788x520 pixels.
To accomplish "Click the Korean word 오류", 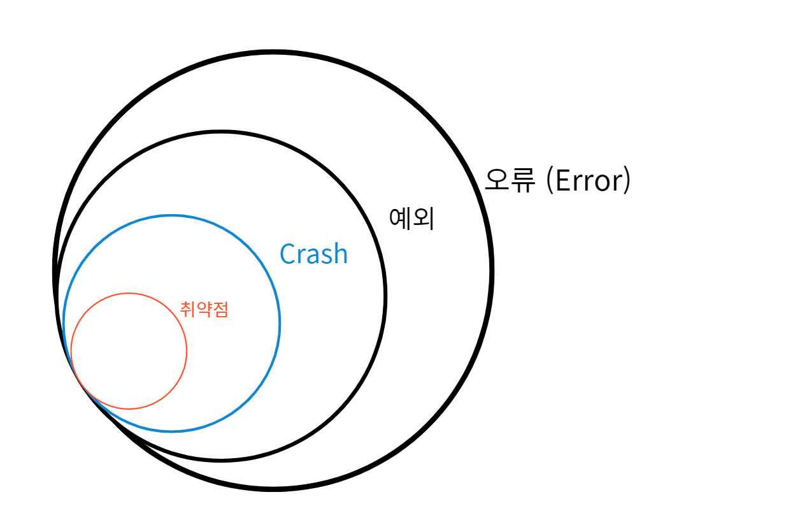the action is [x=510, y=180].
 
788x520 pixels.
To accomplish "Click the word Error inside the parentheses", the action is [x=584, y=181].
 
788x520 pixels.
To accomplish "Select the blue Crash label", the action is [x=314, y=254].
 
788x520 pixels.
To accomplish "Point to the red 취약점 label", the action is [x=204, y=310].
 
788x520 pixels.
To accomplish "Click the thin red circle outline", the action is [x=187, y=350].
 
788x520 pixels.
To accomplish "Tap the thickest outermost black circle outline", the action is [x=491, y=270].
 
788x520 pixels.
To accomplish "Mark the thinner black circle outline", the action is [x=385, y=296].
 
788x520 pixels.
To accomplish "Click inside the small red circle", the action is [x=129, y=350].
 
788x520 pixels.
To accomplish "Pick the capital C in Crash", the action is [x=288, y=254].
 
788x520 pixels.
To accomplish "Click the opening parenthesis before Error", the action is [x=548, y=181].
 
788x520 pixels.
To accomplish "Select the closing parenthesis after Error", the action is [x=627, y=181].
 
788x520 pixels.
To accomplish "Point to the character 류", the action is [x=524, y=180].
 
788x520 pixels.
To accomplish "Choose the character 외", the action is [x=423, y=218].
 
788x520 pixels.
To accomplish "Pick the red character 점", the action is [x=220, y=310].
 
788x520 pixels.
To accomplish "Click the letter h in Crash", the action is [x=340, y=254].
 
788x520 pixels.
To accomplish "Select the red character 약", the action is [x=204, y=310].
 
